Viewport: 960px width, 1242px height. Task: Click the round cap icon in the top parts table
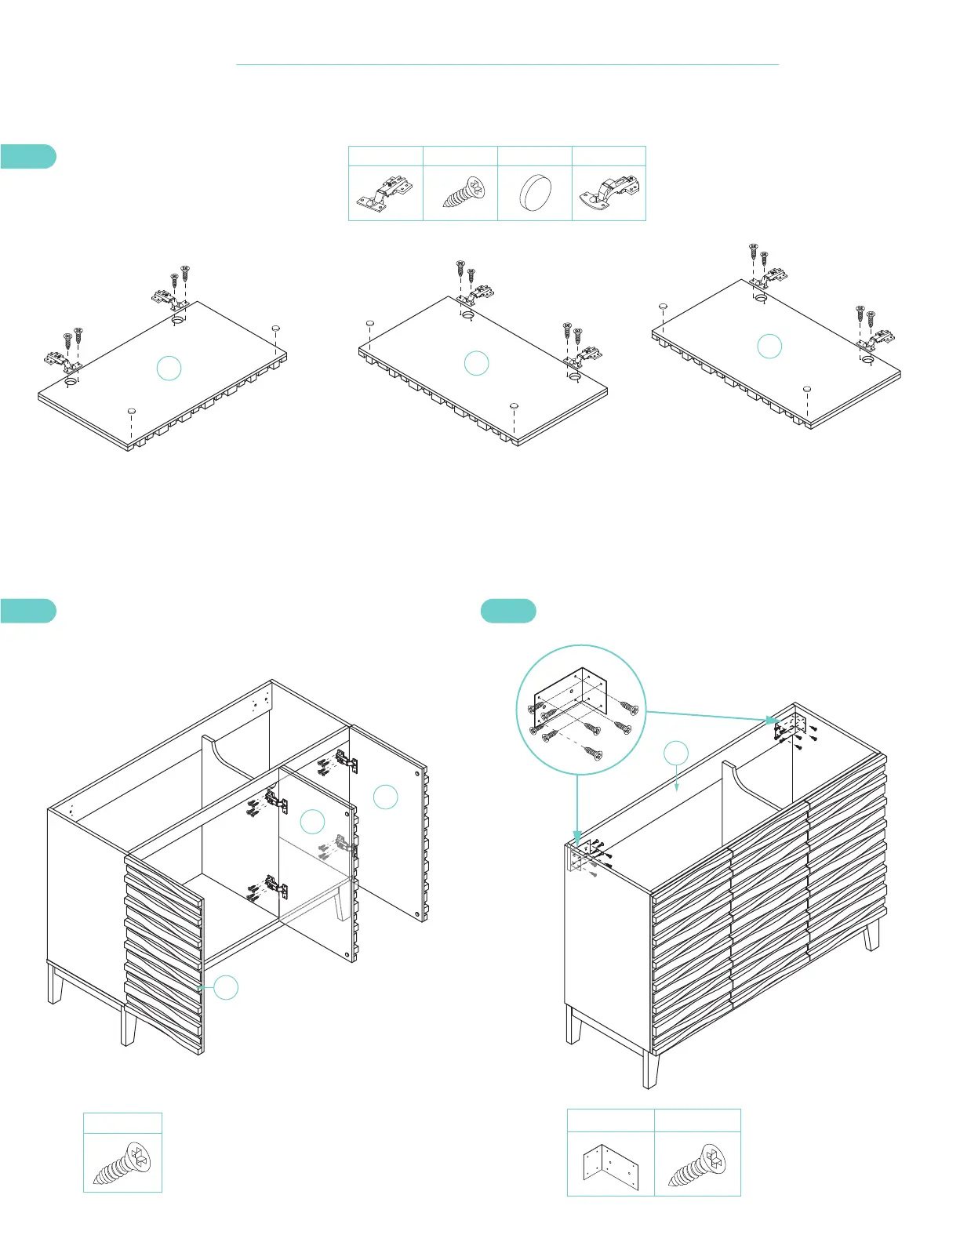(x=536, y=193)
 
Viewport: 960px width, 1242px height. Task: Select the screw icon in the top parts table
(x=463, y=193)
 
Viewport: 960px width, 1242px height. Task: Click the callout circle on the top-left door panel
(x=169, y=369)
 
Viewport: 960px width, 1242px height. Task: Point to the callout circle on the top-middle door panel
(x=477, y=363)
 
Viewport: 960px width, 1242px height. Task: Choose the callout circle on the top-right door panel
(x=769, y=347)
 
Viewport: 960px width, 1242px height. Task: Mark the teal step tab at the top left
(x=28, y=156)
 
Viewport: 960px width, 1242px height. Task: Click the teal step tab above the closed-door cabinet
(x=508, y=611)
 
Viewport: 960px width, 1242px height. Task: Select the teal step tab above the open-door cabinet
(x=28, y=611)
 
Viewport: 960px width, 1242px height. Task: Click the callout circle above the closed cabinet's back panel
(x=676, y=754)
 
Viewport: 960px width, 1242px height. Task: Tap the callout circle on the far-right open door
(x=385, y=797)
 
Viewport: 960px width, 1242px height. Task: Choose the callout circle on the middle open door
(x=312, y=822)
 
